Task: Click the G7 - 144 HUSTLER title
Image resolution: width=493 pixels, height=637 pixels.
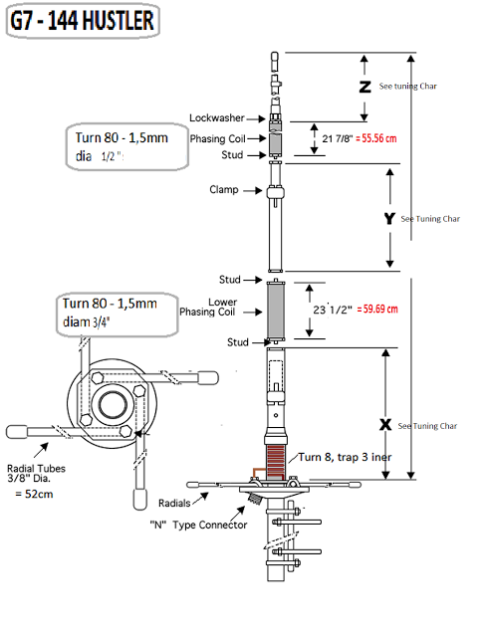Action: coord(83,21)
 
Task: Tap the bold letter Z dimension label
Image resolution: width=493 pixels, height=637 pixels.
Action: coord(365,87)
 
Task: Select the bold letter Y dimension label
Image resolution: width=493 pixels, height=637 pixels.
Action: coord(389,218)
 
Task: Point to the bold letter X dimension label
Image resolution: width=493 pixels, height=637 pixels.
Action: coord(385,425)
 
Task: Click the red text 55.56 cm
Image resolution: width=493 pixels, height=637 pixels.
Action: coord(376,138)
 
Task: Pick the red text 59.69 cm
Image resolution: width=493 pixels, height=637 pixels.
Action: coord(377,310)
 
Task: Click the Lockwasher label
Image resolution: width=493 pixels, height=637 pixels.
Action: coord(217,118)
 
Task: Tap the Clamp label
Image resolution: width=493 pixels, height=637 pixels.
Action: coord(224,190)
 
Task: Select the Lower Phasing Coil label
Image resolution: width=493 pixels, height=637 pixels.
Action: coord(208,308)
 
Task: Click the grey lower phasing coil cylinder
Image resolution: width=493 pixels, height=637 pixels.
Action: coord(276,312)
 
